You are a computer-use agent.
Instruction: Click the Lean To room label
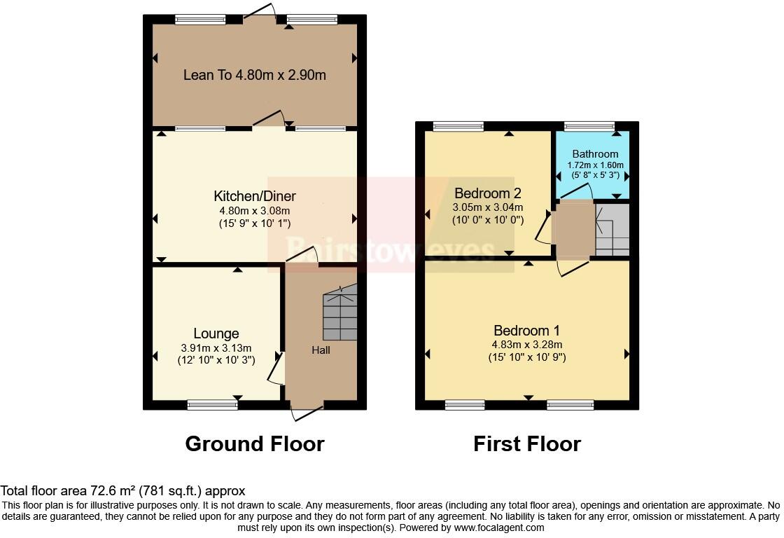[255, 75]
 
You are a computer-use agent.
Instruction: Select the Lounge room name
[216, 333]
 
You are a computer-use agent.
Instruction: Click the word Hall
[321, 350]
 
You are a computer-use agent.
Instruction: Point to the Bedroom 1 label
[526, 331]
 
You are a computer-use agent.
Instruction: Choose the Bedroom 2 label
[487, 193]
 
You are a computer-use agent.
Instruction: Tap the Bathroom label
[595, 153]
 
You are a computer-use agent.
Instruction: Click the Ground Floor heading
[255, 443]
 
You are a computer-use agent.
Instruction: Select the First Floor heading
[527, 443]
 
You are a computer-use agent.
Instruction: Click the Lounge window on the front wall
[212, 404]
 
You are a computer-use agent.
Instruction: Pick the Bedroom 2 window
[458, 126]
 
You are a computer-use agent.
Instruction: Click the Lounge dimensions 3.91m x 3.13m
[216, 347]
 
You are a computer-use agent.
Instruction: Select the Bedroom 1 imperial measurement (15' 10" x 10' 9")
[526, 357]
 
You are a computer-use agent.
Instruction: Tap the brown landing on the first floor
[573, 230]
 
